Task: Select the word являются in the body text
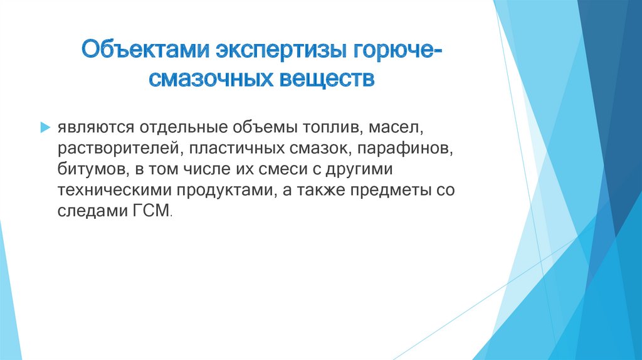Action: [86, 129]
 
